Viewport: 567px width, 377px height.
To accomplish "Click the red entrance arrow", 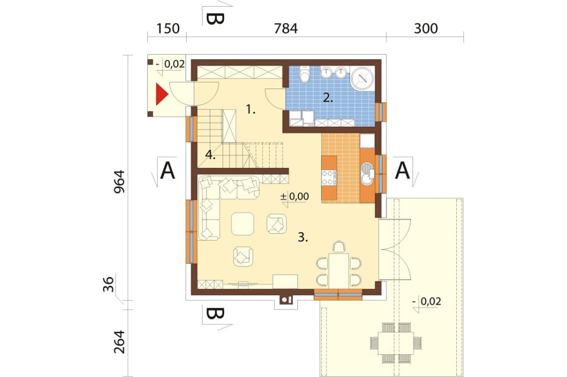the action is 161,94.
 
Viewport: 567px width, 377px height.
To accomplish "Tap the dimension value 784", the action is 286,29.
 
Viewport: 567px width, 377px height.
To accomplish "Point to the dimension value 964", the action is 120,182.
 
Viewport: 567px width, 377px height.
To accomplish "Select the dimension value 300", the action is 426,29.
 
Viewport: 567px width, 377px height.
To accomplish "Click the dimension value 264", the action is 120,342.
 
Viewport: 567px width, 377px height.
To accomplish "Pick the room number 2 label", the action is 328,97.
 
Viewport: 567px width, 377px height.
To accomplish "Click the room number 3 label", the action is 303,237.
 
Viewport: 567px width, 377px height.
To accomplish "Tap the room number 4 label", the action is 210,155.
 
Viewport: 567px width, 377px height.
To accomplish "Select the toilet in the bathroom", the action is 306,74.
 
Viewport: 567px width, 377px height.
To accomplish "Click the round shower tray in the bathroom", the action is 362,78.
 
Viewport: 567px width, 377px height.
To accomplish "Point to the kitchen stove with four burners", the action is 329,177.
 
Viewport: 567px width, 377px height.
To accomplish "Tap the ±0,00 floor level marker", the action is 295,196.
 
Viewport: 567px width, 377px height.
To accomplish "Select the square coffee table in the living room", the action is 243,224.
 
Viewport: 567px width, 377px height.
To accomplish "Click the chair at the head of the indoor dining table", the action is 339,247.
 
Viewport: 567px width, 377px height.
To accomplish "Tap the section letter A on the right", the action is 402,170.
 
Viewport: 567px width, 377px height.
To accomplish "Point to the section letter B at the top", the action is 215,19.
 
